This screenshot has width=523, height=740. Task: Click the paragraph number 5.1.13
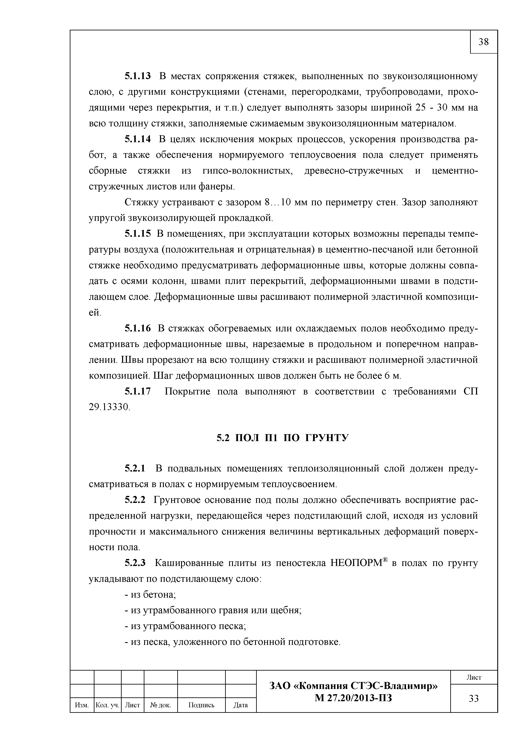[137, 76]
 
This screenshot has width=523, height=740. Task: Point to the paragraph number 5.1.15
[137, 234]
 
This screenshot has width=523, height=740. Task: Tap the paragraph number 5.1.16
[137, 328]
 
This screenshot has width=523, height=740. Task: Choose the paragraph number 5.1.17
[137, 392]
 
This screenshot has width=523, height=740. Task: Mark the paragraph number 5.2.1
[135, 468]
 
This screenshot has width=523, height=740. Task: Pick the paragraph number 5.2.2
[135, 500]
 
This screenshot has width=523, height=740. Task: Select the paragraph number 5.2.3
[135, 563]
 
